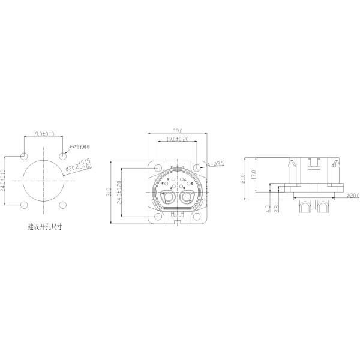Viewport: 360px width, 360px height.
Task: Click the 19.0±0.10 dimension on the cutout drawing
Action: pos(43,134)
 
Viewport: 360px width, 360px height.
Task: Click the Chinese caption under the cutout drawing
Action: pos(45,227)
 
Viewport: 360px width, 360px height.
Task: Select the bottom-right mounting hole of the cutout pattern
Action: pos(63,205)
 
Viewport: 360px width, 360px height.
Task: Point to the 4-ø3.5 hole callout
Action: pos(217,163)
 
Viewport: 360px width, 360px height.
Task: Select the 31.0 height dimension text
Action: pos(109,192)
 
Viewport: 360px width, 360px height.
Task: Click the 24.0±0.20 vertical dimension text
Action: pos(119,192)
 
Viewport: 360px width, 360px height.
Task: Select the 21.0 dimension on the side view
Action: pos(243,178)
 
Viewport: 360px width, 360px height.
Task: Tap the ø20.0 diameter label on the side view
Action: pos(353,195)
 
